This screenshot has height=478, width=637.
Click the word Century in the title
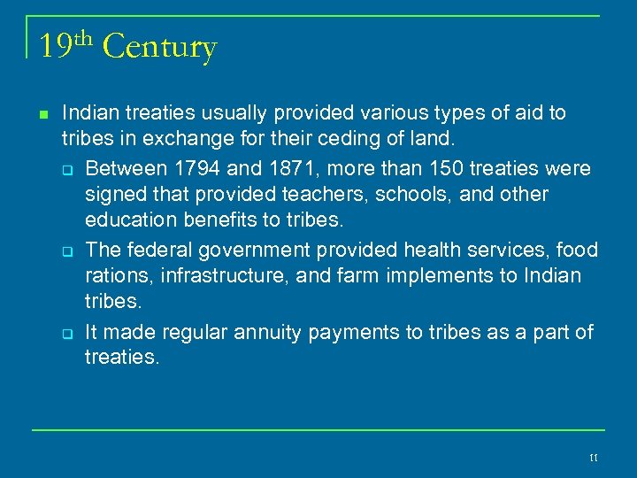tap(159, 47)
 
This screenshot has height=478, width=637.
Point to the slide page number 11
tap(593, 456)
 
